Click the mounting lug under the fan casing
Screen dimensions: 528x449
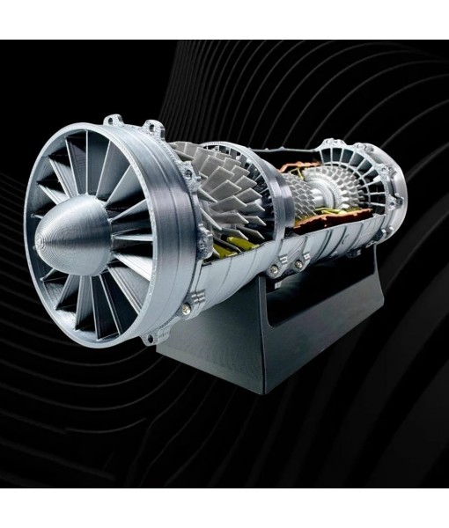tap(159, 337)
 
